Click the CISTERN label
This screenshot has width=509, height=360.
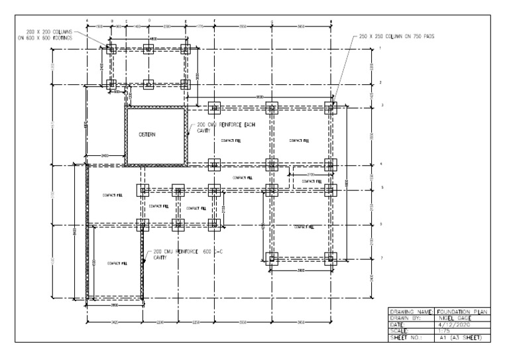(146, 135)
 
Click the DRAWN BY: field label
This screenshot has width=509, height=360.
(408, 318)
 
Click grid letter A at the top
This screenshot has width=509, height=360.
(87, 21)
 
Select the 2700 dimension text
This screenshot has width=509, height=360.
(310, 174)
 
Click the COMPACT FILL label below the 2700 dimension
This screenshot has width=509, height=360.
(311, 182)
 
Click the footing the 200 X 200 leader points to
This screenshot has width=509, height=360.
(112, 49)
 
